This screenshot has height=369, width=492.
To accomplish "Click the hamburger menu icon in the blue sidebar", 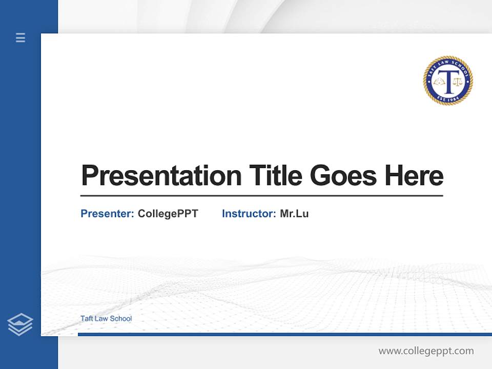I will [x=20, y=37].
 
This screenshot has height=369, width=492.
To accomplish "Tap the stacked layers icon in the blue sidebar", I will [x=20, y=324].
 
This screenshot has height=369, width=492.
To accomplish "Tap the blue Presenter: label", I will [x=108, y=214].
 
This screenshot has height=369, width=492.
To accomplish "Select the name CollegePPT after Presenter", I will [x=168, y=214].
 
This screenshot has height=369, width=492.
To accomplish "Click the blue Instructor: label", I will [x=249, y=214].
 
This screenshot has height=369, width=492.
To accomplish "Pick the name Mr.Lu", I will [x=294, y=214].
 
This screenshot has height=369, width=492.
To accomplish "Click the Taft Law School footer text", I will [x=106, y=318].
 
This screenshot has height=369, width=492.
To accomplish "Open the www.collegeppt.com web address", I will [x=426, y=351].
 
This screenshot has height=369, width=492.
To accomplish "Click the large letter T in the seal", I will [x=448, y=81].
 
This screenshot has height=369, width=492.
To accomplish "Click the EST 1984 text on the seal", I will [x=448, y=97].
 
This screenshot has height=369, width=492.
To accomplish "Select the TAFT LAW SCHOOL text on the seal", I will [x=448, y=64].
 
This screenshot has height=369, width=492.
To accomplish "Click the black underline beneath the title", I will [x=261, y=195].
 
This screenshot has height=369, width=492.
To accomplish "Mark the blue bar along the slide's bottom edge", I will [x=284, y=334].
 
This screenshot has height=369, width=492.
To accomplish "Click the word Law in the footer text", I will [x=102, y=318].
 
